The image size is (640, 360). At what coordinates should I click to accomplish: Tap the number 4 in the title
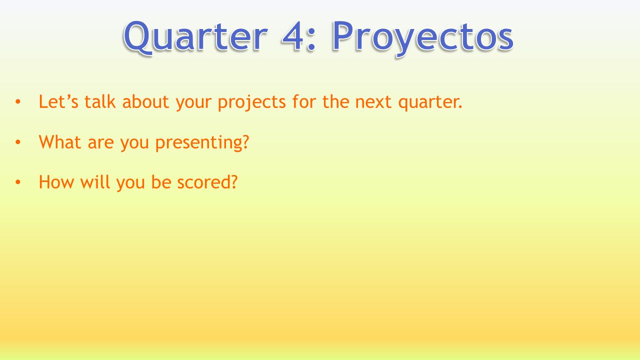(292, 36)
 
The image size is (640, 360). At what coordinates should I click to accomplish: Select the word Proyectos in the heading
(423, 39)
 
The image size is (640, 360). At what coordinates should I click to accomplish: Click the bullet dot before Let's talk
(18, 101)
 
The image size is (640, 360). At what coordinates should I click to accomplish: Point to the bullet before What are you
(18, 142)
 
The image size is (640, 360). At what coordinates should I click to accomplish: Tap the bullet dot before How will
(18, 182)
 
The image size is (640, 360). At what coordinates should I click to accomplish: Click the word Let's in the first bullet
(58, 101)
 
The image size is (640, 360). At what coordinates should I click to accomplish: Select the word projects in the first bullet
(251, 102)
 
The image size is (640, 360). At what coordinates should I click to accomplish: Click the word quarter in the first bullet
(428, 103)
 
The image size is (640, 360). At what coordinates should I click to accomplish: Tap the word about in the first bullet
(145, 101)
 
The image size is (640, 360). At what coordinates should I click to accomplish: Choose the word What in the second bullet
(59, 141)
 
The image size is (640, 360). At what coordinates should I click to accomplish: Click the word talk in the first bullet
(100, 101)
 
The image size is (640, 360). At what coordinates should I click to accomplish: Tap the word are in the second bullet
(101, 143)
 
